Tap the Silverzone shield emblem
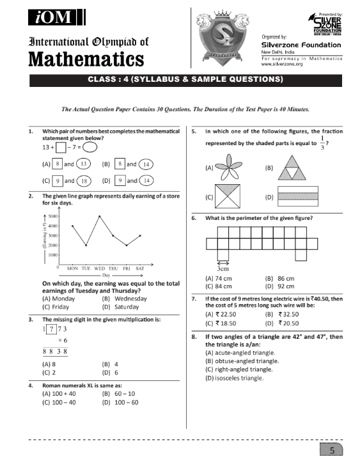pos(224,40)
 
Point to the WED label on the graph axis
pos(99,269)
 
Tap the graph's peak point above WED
pos(99,216)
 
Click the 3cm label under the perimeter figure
pos(223,269)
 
